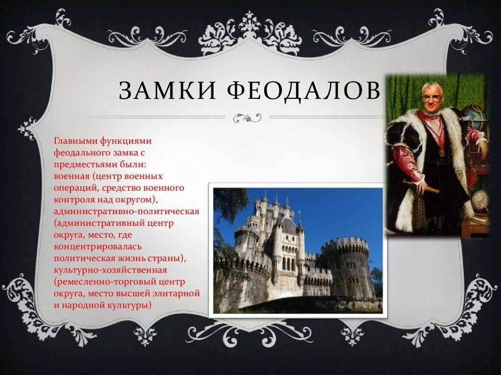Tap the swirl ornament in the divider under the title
click(247, 117)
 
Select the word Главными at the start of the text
click(76, 141)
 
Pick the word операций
click(76, 188)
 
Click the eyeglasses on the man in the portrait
click(432, 97)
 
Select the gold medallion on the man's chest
click(441, 152)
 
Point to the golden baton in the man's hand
click(420, 186)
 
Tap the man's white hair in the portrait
click(433, 87)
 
